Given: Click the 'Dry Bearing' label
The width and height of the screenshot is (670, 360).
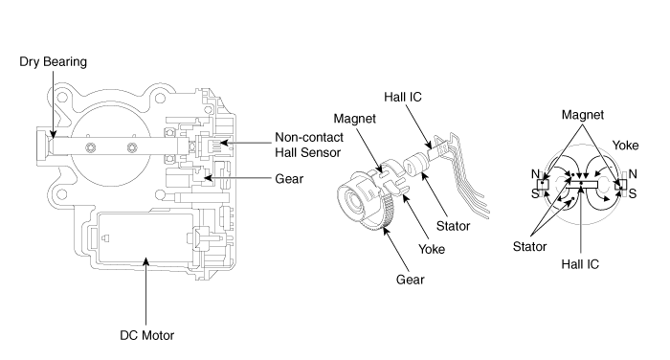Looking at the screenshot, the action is pyautogui.click(x=53, y=62).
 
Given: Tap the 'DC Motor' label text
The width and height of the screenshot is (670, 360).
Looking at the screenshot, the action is pyautogui.click(x=147, y=335).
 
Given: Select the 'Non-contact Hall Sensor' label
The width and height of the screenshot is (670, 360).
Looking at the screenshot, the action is pyautogui.click(x=309, y=145).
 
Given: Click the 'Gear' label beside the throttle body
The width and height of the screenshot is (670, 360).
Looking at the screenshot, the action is pyautogui.click(x=289, y=179).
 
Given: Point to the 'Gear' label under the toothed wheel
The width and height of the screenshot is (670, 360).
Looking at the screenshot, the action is pyautogui.click(x=411, y=280).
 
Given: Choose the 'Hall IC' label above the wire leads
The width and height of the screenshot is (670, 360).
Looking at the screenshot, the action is pyautogui.click(x=403, y=97).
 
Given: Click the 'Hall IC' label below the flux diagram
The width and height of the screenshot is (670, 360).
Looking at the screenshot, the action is pyautogui.click(x=580, y=264).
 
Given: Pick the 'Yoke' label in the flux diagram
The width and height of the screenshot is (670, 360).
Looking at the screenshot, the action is pyautogui.click(x=626, y=146).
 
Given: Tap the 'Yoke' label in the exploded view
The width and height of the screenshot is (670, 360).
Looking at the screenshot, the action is pyautogui.click(x=432, y=249).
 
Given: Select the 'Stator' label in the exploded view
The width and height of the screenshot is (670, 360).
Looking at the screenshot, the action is pyautogui.click(x=453, y=226).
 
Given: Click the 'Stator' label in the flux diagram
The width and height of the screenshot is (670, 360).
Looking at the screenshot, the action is pyautogui.click(x=530, y=247).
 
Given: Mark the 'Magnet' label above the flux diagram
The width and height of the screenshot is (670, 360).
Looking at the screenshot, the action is pyautogui.click(x=583, y=115).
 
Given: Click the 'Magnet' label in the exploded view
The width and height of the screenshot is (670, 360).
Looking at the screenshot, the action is pyautogui.click(x=355, y=119).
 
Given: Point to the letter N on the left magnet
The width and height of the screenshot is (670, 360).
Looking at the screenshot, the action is pyautogui.click(x=535, y=174).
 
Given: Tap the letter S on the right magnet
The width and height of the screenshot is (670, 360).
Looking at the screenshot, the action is pyautogui.click(x=633, y=193).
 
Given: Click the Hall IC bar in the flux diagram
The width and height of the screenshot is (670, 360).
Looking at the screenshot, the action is pyautogui.click(x=582, y=184).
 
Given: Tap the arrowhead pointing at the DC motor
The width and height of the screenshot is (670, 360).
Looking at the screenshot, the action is pyautogui.click(x=146, y=260).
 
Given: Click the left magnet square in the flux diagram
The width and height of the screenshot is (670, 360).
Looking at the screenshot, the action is pyautogui.click(x=543, y=184).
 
